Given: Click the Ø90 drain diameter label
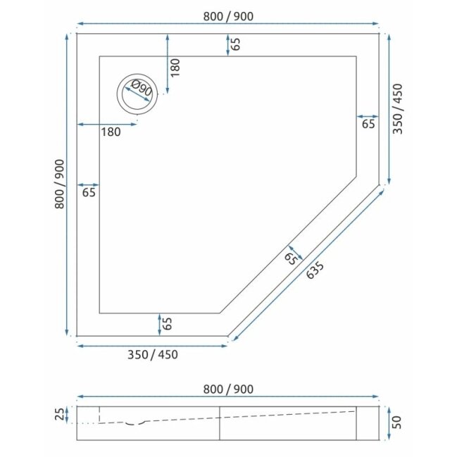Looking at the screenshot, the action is [x=142, y=88].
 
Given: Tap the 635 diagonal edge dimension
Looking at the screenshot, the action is [x=315, y=270].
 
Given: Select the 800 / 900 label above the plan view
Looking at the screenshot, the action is [x=228, y=16].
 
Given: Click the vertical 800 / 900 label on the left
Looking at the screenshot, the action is [x=59, y=184].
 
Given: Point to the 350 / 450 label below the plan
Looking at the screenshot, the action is [x=153, y=355].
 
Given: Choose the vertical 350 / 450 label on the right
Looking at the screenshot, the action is [x=398, y=108].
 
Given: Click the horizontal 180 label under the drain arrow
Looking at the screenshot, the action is [x=111, y=132].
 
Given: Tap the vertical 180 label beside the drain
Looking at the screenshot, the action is [x=175, y=68].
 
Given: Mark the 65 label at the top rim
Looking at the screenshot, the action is [x=236, y=44].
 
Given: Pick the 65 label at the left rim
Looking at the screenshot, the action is [x=89, y=192].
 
